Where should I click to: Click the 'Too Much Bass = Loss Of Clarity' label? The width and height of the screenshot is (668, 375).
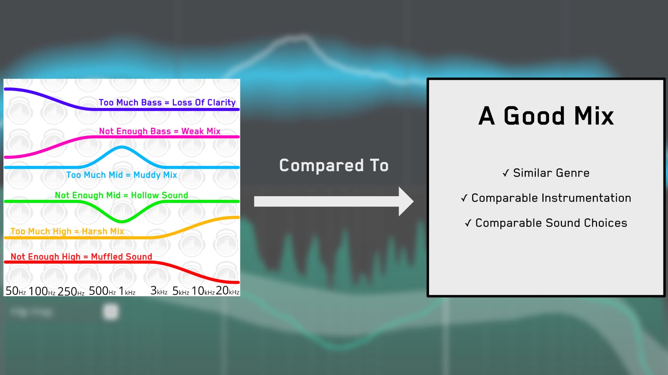point(167,102)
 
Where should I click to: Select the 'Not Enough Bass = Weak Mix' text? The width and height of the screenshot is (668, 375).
point(160,131)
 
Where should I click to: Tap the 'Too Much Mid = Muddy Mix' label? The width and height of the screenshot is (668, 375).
point(121,175)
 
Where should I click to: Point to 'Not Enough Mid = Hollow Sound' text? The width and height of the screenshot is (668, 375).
point(121,195)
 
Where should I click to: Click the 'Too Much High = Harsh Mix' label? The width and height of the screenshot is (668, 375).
point(67,231)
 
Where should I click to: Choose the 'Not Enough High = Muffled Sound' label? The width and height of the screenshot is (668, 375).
point(81,257)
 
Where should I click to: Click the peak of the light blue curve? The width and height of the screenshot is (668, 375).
point(122,148)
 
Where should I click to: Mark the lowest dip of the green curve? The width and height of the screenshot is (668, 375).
point(122,221)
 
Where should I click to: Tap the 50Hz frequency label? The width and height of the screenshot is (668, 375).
point(16,291)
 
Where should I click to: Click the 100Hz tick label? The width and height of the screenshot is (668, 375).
point(42,291)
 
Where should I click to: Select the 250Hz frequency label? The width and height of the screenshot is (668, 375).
point(71,291)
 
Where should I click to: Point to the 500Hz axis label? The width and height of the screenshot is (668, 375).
point(102,291)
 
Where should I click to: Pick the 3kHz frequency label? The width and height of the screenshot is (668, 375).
point(159,291)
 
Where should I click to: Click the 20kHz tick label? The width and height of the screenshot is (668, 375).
point(228,291)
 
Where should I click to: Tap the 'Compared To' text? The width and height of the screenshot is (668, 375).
point(334,165)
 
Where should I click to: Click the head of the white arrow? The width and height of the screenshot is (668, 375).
point(406,201)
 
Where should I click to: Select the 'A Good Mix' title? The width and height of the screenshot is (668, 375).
point(546,116)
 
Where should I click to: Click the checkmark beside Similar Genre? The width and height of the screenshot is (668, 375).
point(506,173)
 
